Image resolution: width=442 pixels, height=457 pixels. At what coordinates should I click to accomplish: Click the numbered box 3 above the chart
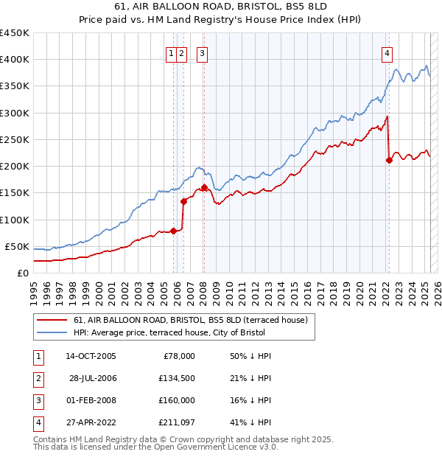coord(202,52)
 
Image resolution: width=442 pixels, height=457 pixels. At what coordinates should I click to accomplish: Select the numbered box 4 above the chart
coord(387,52)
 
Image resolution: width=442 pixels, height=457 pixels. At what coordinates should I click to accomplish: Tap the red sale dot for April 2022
coord(389,160)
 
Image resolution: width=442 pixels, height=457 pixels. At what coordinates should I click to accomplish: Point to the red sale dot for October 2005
coord(174,231)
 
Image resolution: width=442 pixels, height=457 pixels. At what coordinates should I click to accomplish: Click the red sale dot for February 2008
coord(204,187)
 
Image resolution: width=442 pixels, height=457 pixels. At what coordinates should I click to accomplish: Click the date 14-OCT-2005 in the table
coord(91,356)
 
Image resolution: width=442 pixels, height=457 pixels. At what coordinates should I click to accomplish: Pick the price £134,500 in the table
coord(178,378)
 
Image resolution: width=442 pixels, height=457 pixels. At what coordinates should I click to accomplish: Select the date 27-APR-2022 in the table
coord(91,422)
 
